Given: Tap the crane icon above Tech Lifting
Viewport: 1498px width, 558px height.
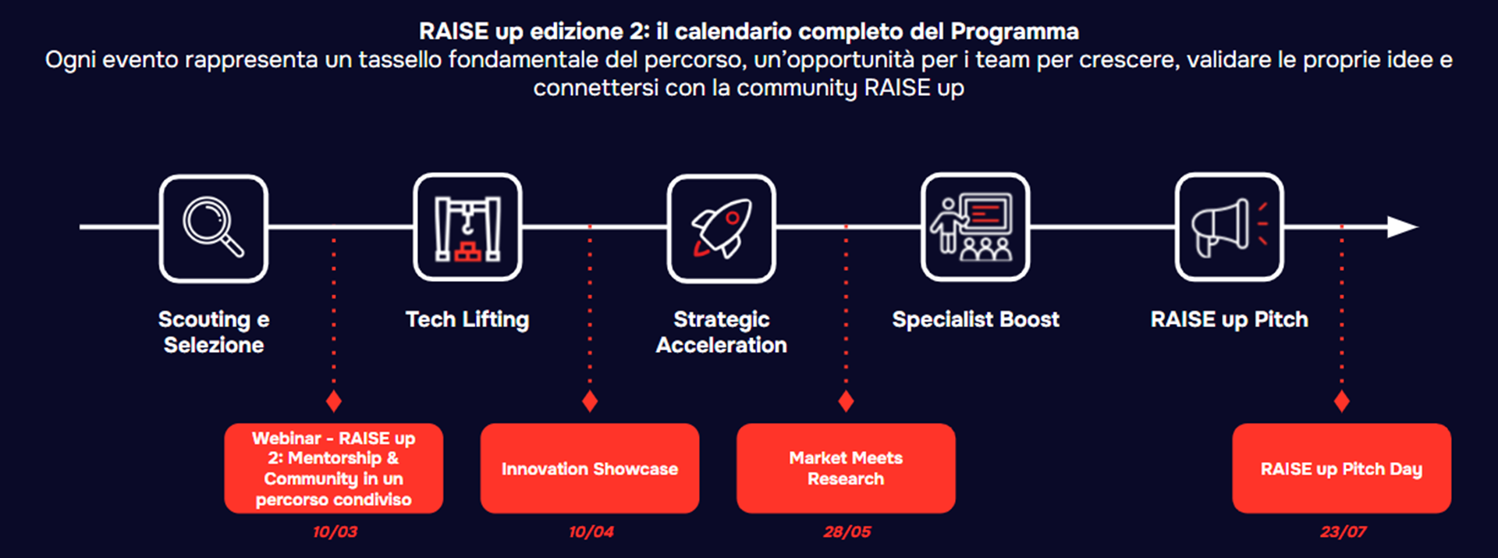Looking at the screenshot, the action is (467, 228).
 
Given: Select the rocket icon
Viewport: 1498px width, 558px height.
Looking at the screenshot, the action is (722, 228).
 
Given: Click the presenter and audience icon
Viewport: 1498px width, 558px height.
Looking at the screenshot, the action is (974, 227).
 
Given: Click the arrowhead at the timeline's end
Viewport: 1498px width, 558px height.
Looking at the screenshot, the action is (1402, 227).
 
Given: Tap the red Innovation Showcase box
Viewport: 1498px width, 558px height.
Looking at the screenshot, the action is (590, 468).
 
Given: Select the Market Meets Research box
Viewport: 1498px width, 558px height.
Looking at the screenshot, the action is (846, 468).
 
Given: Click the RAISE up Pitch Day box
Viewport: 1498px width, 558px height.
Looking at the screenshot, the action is (1342, 468).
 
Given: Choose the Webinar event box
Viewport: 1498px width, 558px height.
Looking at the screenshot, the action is (334, 468).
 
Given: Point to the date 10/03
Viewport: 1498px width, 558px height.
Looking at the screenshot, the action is (335, 532).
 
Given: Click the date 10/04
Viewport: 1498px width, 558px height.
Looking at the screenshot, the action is (591, 532).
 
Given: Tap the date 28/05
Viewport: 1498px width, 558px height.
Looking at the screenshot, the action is (847, 532).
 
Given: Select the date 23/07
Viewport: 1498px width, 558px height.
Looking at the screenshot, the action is (1343, 532).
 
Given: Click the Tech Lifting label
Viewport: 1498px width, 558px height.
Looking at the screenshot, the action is (467, 320).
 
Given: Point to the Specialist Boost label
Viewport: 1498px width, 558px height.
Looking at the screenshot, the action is (975, 319).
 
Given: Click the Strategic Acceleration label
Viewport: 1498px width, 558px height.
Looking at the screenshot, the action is (722, 332).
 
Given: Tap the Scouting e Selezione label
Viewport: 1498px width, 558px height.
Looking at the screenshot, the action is (214, 332).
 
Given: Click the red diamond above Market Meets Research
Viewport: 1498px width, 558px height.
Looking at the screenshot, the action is (846, 402).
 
